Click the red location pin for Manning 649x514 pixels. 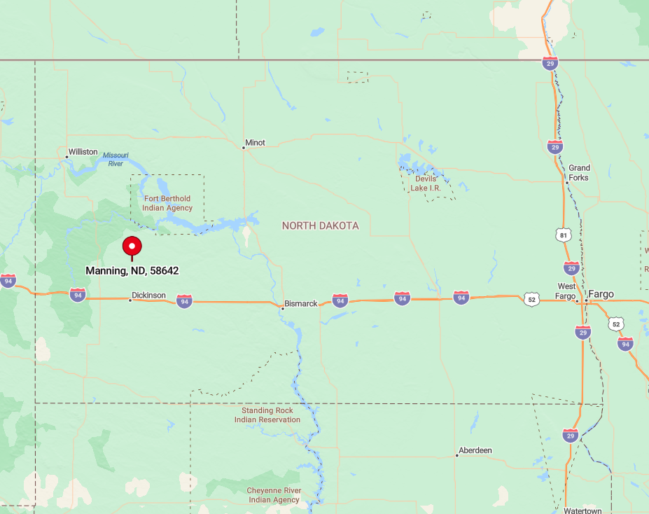(132, 246)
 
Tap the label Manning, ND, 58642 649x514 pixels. (132, 270)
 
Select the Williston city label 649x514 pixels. (83, 152)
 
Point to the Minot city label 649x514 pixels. (255, 143)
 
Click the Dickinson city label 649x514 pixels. (148, 296)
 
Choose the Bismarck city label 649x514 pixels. (301, 304)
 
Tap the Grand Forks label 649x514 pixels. (579, 172)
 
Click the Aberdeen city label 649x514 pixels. (475, 450)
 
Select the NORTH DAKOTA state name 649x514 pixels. (320, 225)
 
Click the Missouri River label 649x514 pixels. (116, 159)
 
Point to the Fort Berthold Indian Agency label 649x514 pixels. (167, 203)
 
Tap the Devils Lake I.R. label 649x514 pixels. (426, 183)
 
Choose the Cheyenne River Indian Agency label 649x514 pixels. (273, 495)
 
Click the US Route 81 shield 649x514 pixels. (564, 235)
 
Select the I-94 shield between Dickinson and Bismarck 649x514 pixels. (184, 301)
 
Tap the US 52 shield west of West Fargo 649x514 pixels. (531, 299)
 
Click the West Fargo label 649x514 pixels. (566, 291)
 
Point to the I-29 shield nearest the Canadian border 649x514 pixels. (550, 64)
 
